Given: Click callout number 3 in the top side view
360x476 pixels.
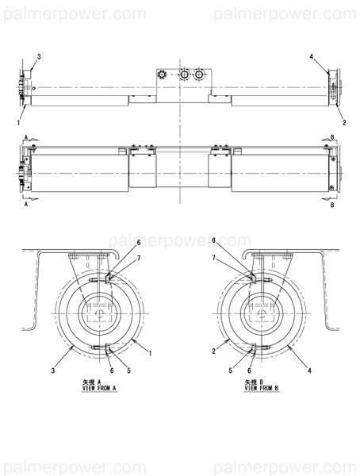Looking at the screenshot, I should [40, 56].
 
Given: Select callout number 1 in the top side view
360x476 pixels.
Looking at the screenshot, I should [17, 123].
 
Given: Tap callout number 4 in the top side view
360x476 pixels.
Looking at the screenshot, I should [312, 57].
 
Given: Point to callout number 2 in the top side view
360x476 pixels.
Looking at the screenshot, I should [343, 123].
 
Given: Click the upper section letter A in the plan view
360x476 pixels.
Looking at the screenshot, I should [26, 136].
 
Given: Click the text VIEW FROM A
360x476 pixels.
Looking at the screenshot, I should [99, 388].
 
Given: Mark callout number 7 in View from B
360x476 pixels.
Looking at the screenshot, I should [214, 259].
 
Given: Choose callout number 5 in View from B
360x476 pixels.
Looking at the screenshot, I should [231, 370].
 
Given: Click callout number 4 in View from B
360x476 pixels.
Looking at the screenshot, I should [310, 370].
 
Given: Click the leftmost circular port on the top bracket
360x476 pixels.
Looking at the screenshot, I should [163, 75].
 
